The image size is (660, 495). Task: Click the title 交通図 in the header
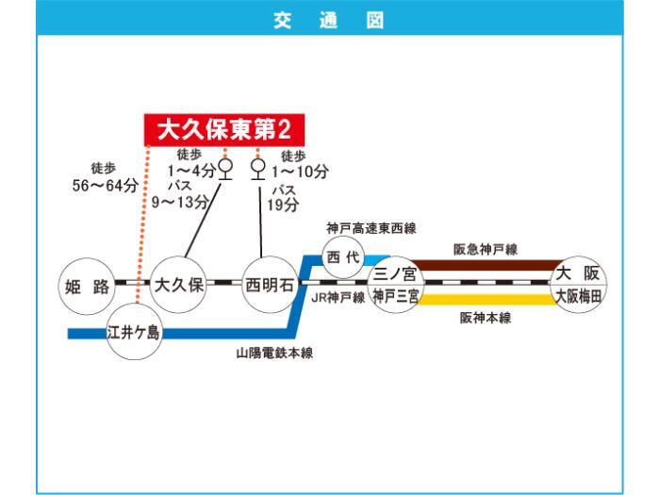coord(330,18)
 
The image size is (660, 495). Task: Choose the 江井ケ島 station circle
coord(135,332)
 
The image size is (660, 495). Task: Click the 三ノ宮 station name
coord(395,274)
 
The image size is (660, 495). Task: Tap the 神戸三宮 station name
coord(395,296)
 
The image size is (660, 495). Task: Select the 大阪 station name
coord(578,273)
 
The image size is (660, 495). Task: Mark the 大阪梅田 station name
coord(578,296)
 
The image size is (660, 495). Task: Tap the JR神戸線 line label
coord(338,296)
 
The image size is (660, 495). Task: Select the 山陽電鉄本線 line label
coord(274,353)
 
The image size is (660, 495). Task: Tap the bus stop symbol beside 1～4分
coord(224,170)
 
